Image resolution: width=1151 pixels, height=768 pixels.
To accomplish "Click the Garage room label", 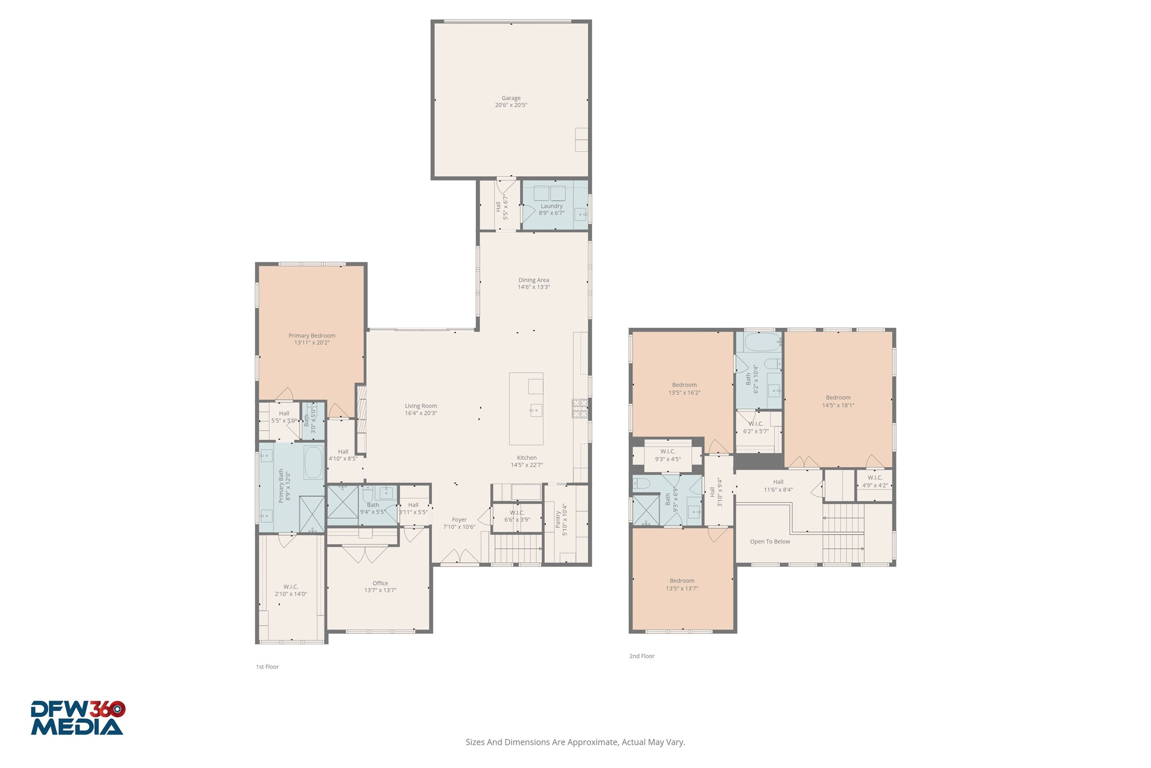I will [511, 98].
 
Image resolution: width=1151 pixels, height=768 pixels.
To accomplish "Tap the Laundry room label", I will [551, 206].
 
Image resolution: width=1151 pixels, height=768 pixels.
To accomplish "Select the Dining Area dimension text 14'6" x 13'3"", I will [534, 287].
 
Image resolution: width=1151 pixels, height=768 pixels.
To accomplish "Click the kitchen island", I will [526, 408].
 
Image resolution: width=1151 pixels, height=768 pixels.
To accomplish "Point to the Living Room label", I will [421, 406].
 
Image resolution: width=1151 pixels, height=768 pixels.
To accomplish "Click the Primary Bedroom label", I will [312, 335].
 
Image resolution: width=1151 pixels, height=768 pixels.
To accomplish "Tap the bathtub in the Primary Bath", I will [313, 462].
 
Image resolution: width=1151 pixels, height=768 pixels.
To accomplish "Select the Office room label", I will [380, 583].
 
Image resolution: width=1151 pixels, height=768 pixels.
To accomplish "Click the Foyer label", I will [459, 520].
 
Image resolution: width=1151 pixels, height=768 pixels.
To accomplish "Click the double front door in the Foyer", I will [459, 557].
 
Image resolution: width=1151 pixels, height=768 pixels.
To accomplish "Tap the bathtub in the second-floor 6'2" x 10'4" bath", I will [762, 342].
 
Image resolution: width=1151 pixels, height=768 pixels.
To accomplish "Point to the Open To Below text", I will [769, 542].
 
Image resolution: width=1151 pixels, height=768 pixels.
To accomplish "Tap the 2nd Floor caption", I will [642, 656].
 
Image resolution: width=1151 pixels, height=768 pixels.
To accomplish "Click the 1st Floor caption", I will [267, 667].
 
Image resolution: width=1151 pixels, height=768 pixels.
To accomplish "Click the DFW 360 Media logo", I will [77, 718].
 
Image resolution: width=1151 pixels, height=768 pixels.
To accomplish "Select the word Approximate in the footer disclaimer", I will [592, 742].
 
